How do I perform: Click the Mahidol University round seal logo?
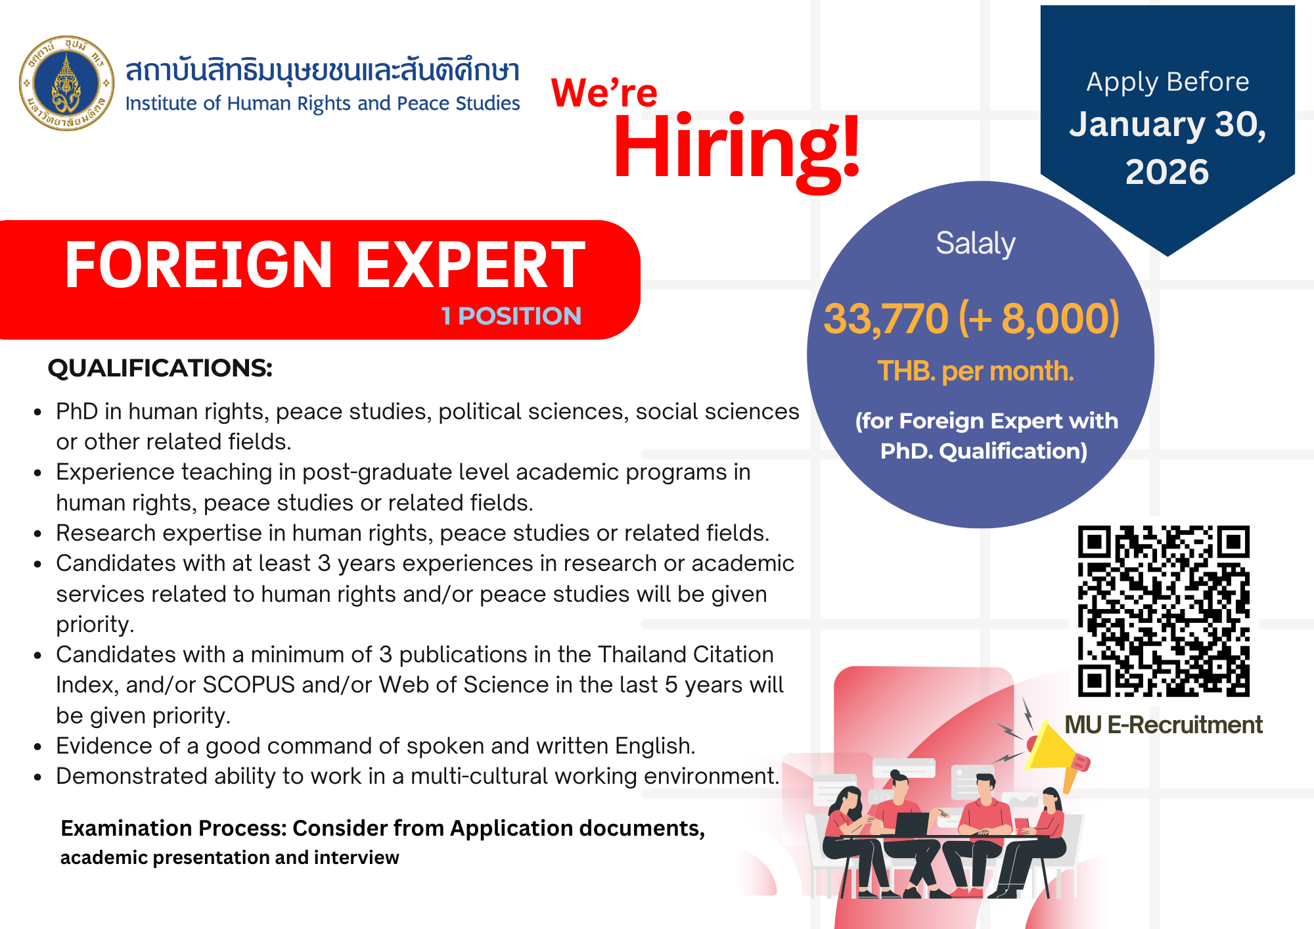(66, 83)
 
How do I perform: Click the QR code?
(1164, 611)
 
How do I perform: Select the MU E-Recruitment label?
(1164, 725)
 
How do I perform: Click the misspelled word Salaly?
(976, 244)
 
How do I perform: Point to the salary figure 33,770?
(886, 319)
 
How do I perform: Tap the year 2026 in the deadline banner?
(1167, 172)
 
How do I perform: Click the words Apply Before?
(1167, 82)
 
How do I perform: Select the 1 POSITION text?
(511, 316)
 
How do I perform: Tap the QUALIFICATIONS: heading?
(160, 368)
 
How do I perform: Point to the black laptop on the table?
(913, 825)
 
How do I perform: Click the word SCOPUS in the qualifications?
(249, 685)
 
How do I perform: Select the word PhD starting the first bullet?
(77, 411)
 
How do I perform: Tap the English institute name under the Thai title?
(323, 104)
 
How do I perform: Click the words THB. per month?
(976, 372)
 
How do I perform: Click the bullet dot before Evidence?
(38, 747)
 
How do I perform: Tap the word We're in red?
(604, 92)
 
